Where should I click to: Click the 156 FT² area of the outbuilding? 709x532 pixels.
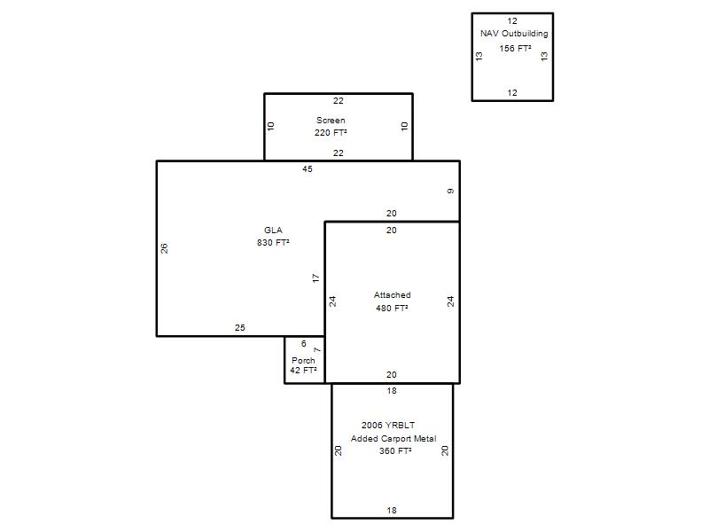(x=515, y=49)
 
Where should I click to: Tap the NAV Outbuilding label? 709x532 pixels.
(x=514, y=34)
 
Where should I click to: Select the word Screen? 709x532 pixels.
(x=331, y=121)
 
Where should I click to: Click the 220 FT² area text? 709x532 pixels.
(x=331, y=132)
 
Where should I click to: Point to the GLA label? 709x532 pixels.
(x=273, y=231)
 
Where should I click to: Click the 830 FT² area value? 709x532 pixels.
(x=273, y=242)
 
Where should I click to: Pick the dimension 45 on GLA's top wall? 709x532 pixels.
(x=308, y=169)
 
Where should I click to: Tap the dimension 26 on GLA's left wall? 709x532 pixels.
(x=164, y=248)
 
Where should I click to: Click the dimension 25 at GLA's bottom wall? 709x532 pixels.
(x=240, y=327)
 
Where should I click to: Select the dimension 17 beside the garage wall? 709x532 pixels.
(x=316, y=278)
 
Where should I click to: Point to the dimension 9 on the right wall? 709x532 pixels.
(x=450, y=192)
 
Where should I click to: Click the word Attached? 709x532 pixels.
(x=392, y=295)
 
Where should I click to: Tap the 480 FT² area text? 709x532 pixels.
(x=392, y=308)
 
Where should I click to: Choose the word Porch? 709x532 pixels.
(x=303, y=361)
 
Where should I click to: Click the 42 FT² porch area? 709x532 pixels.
(x=303, y=371)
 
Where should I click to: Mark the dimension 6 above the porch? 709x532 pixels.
(x=304, y=344)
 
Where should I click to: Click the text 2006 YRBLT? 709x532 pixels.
(x=388, y=426)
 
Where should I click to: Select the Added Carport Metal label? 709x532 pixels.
(x=393, y=438)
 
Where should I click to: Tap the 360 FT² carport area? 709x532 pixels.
(x=395, y=451)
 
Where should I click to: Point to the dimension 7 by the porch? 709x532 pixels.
(x=317, y=349)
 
